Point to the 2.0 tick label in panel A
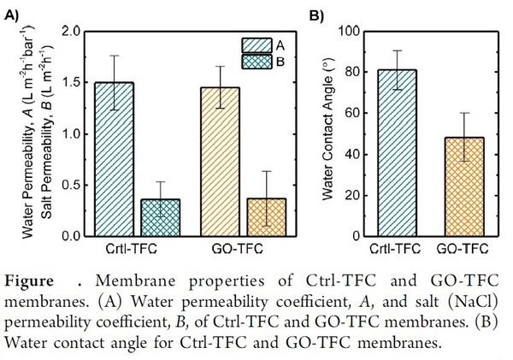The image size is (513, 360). [74, 32]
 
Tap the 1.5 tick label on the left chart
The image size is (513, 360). [74, 83]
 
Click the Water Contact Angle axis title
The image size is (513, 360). [327, 134]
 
